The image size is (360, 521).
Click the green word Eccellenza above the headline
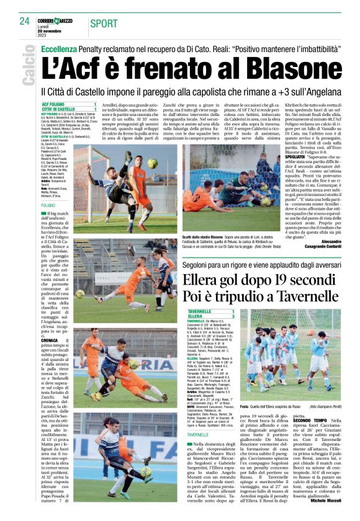click(x=60, y=47)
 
